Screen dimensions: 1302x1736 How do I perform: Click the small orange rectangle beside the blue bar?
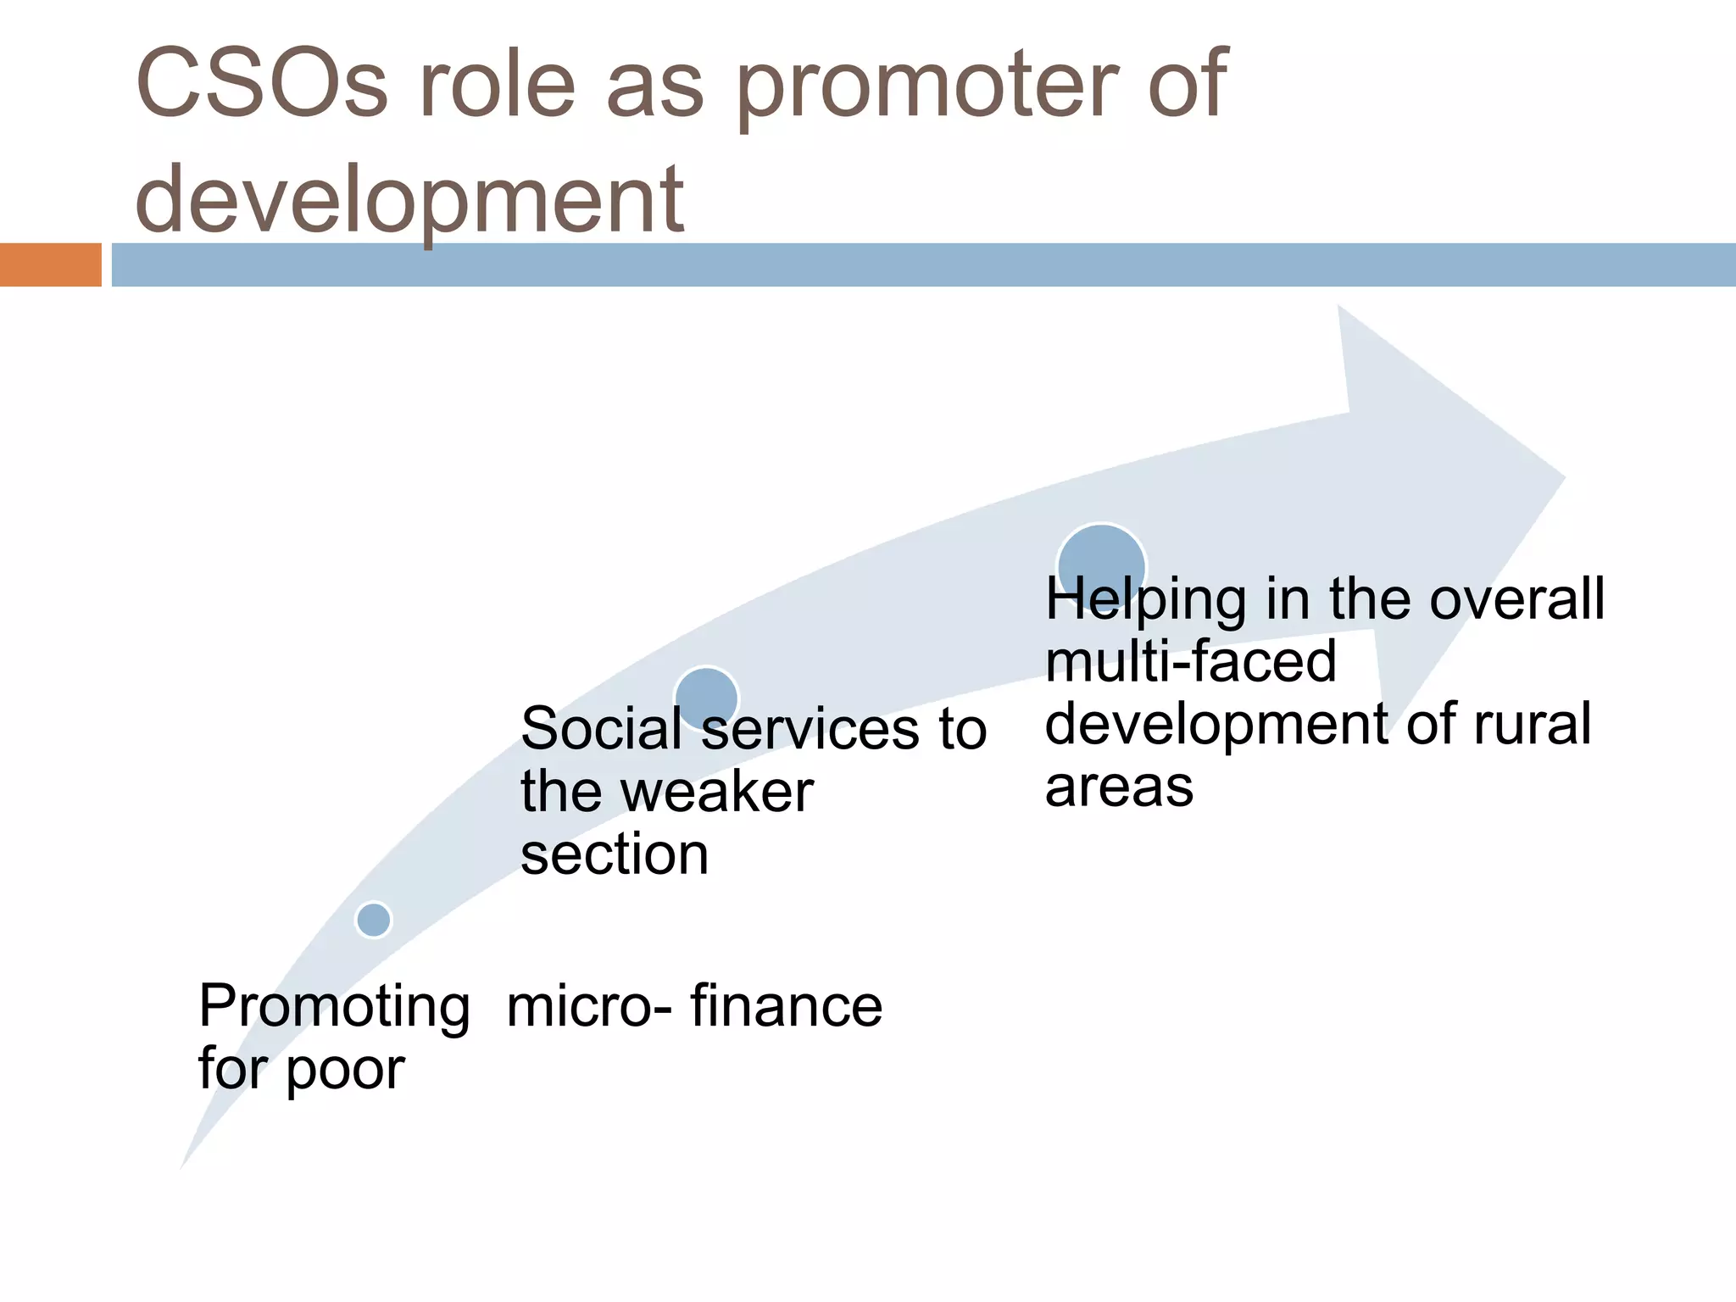click(x=50, y=264)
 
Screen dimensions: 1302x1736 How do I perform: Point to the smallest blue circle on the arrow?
click(x=374, y=920)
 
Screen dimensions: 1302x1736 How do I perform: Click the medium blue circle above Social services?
click(x=706, y=698)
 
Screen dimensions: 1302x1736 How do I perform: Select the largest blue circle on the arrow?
click(x=1101, y=566)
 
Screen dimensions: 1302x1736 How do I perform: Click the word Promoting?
click(x=334, y=1007)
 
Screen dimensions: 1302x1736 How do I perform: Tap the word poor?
click(x=345, y=1070)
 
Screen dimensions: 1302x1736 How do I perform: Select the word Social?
click(x=600, y=729)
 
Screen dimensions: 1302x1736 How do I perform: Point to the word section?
click(x=615, y=854)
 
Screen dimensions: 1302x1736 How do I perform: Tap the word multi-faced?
click(x=1190, y=662)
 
